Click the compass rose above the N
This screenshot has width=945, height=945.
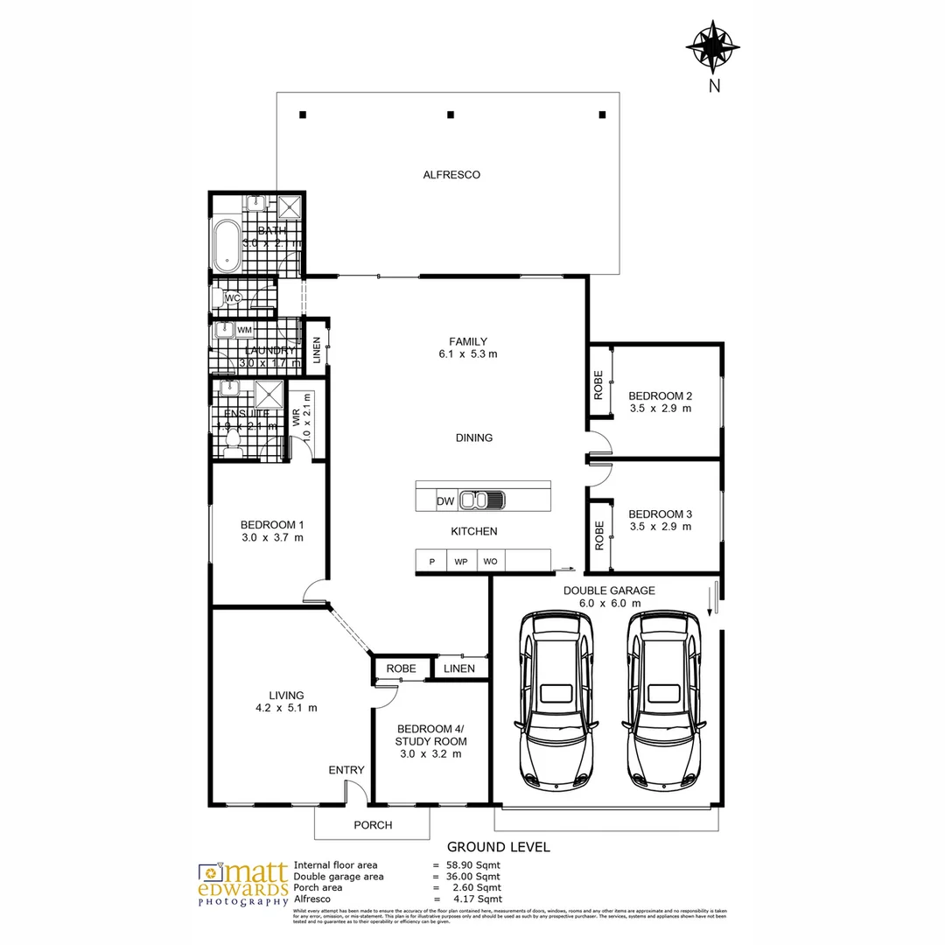(x=714, y=45)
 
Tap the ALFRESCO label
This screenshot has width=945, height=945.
(x=451, y=175)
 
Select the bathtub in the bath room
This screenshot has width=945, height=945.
(x=227, y=244)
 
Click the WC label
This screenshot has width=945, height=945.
(x=233, y=298)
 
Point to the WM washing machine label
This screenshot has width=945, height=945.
(x=244, y=330)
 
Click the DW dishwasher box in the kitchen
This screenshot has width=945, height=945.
(x=445, y=501)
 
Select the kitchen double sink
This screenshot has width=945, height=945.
(x=482, y=501)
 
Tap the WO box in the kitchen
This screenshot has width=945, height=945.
(x=490, y=562)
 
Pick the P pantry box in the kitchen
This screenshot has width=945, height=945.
(x=431, y=562)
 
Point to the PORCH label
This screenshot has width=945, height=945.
(x=373, y=825)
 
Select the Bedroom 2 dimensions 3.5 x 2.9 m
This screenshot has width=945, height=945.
(x=661, y=409)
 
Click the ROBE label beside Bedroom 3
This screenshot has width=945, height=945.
(x=599, y=535)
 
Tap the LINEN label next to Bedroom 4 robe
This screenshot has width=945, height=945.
(x=459, y=668)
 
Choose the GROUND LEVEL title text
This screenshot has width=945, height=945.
(x=499, y=847)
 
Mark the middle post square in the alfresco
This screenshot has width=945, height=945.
(x=451, y=115)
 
